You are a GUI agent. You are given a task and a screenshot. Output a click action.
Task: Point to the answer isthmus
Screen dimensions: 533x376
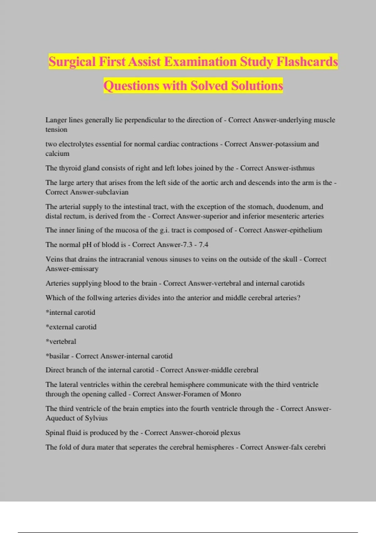(303, 168)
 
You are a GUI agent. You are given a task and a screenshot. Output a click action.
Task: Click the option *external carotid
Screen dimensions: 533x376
(71, 327)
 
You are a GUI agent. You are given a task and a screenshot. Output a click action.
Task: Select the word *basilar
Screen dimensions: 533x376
(58, 356)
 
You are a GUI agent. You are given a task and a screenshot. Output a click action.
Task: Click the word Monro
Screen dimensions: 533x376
(231, 394)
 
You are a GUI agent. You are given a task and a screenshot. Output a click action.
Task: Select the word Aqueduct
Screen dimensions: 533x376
(59, 418)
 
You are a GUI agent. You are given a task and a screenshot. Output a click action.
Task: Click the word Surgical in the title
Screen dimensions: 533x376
(72, 61)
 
